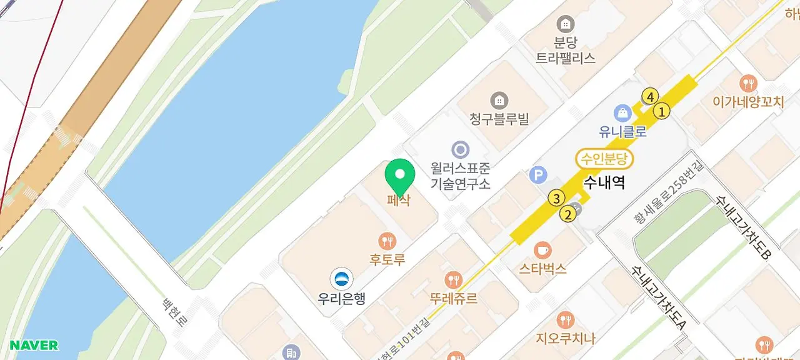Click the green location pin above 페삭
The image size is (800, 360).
(400, 175)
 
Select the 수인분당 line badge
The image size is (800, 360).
(604, 159)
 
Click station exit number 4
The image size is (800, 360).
(650, 97)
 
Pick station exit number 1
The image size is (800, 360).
(661, 112)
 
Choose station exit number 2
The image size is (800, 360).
(568, 215)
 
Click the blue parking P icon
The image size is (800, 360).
(537, 175)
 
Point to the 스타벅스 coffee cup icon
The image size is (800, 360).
(542, 250)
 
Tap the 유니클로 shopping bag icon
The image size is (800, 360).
(622, 113)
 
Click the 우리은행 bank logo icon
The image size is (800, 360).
(341, 279)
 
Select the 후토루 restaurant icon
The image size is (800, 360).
(387, 241)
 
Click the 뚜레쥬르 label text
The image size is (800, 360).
(453, 299)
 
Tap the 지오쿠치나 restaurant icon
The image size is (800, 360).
(565, 320)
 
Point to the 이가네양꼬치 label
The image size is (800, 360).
(748, 102)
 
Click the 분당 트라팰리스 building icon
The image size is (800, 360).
(566, 24)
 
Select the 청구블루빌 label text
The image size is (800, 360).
(499, 119)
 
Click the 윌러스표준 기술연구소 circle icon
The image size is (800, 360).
(461, 149)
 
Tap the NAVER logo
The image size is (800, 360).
(34, 346)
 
